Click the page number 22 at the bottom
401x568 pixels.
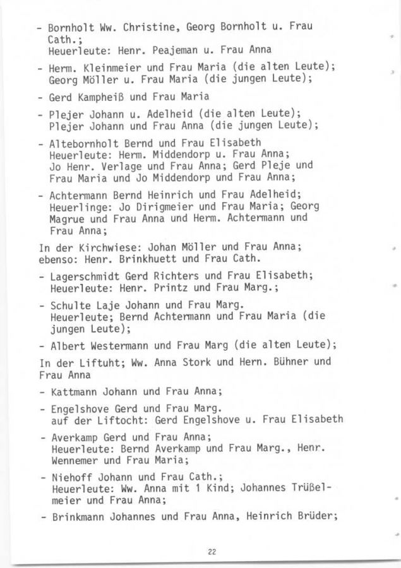coord(212,552)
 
